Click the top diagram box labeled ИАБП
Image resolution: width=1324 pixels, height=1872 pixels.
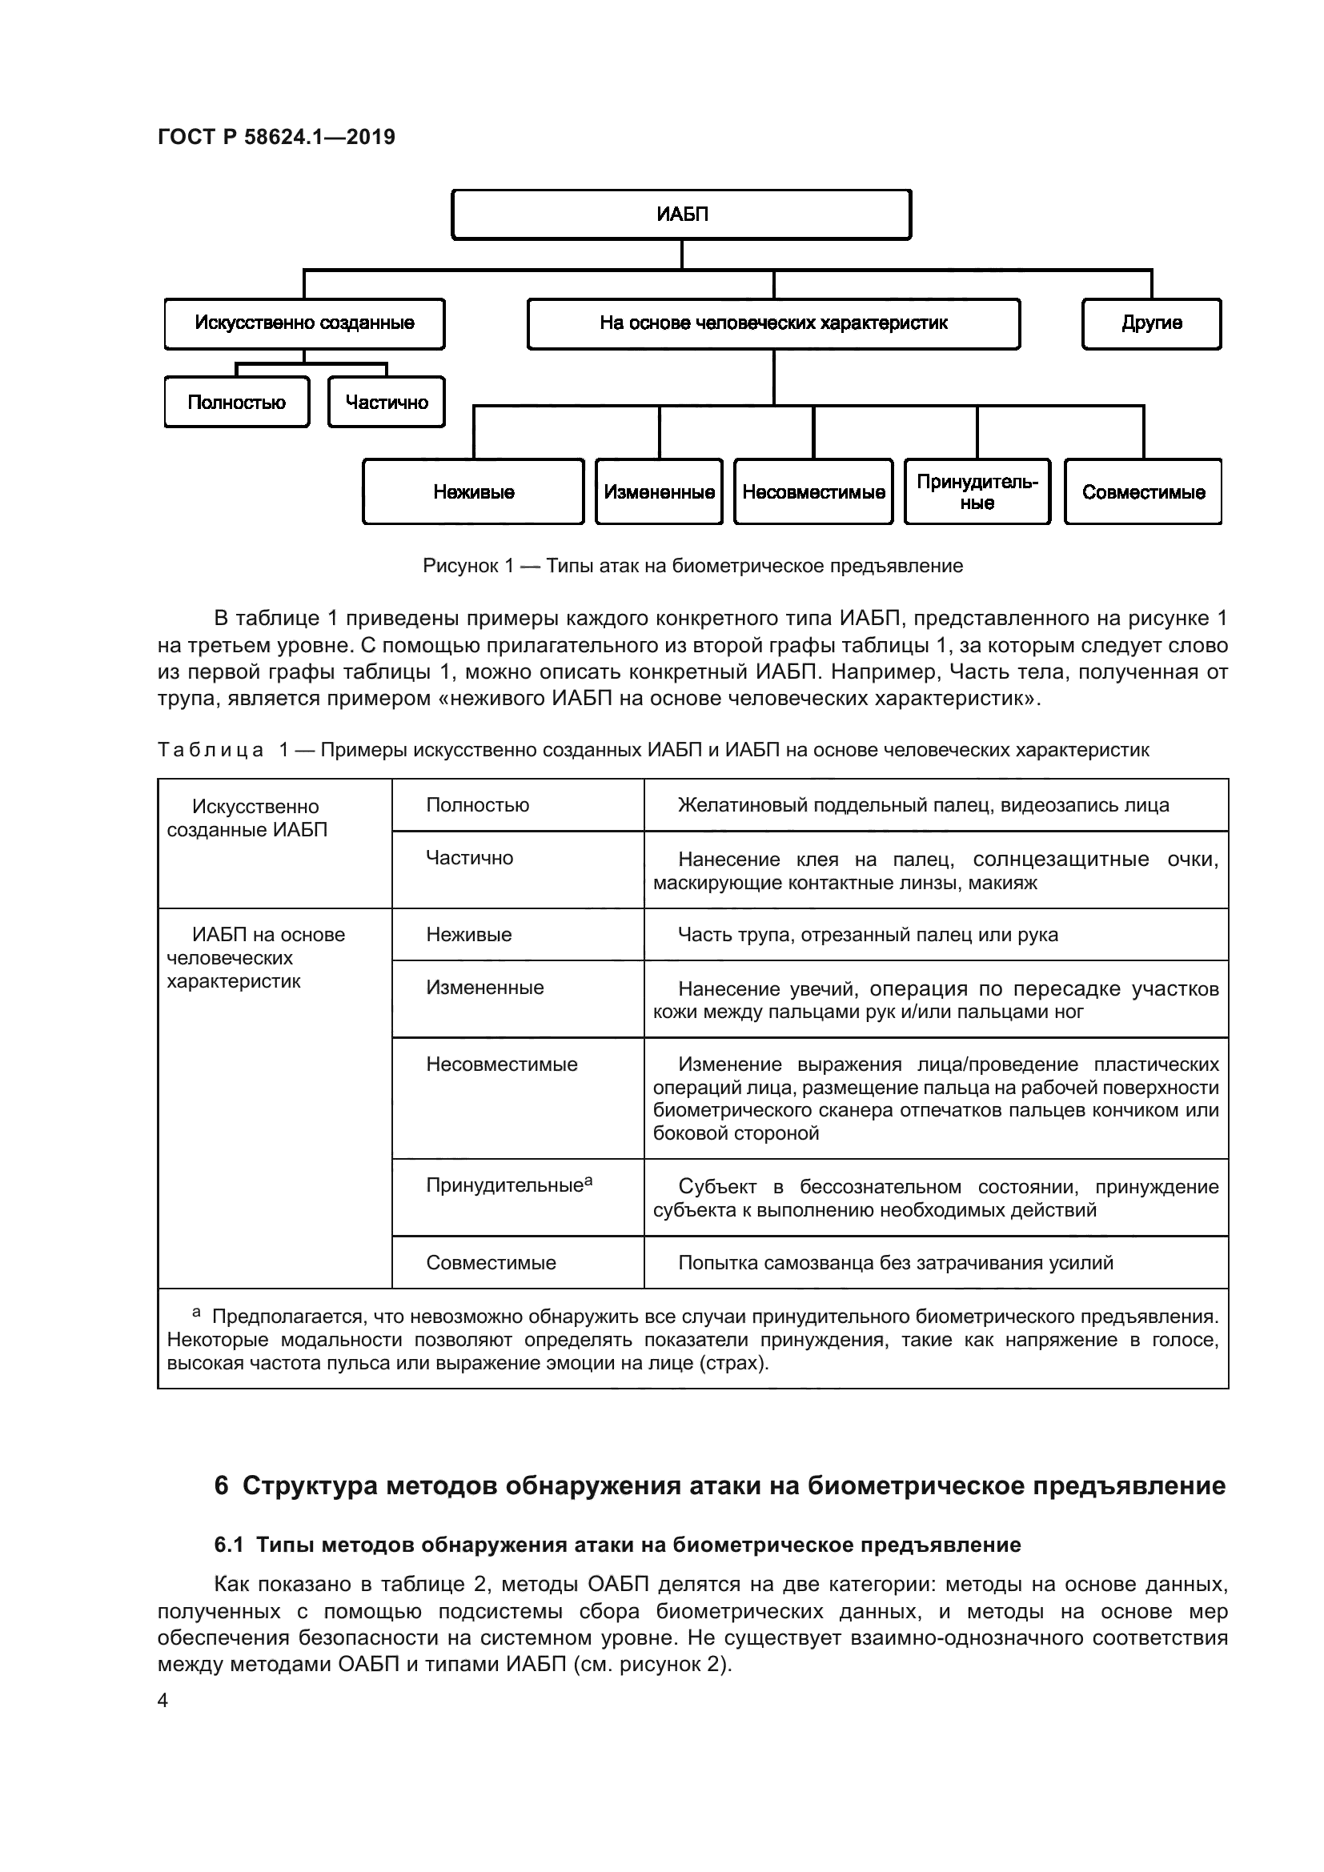coord(681,214)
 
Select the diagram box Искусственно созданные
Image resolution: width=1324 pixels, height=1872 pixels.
coord(304,323)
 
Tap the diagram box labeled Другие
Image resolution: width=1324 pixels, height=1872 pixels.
coord(1151,323)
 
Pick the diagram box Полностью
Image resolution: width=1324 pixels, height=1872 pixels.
coord(236,402)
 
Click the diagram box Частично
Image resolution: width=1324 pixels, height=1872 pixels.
coord(387,402)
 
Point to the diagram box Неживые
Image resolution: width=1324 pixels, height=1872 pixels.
coord(474,491)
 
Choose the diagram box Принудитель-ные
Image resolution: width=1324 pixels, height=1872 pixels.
coord(977,491)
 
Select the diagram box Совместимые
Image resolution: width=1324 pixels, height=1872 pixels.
coord(1143,491)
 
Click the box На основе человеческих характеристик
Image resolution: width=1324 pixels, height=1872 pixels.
coord(773,323)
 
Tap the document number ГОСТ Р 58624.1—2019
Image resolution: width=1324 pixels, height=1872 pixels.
coord(275,137)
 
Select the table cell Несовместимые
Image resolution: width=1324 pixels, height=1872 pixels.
coord(501,1064)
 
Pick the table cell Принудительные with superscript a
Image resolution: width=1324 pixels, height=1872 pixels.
coord(508,1185)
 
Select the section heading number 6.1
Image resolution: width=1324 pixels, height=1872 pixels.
coord(228,1545)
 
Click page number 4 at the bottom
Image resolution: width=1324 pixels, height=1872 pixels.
coord(162,1701)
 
